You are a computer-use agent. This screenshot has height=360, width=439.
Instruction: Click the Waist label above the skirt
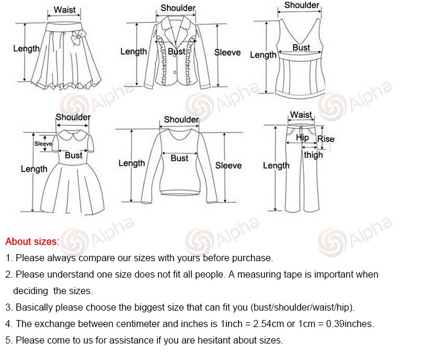65,10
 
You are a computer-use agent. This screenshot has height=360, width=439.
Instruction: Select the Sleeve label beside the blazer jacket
227,52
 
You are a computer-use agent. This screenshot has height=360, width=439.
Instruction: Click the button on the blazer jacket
175,73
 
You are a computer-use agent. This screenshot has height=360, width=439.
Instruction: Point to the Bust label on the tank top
301,48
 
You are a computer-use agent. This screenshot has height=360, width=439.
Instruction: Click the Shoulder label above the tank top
301,5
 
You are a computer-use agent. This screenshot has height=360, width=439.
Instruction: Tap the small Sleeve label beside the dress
43,144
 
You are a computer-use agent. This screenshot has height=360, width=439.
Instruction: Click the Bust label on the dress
73,155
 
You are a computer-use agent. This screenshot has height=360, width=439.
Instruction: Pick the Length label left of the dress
34,169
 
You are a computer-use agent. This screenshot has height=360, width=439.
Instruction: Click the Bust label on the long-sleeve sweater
179,158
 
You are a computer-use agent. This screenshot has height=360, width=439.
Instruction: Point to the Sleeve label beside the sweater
228,165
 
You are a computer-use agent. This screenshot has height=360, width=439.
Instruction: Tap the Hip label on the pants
302,138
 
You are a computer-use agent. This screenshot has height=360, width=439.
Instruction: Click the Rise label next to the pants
326,139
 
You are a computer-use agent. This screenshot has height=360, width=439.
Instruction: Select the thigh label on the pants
313,155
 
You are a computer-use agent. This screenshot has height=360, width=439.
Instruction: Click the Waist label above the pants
301,115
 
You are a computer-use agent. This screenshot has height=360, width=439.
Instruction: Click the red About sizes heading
32,242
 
